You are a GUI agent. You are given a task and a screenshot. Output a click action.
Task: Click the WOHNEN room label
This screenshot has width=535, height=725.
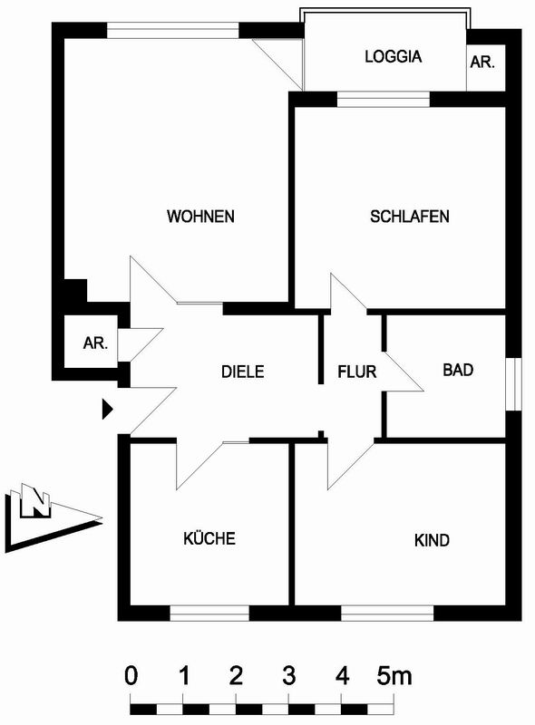coord(201,217)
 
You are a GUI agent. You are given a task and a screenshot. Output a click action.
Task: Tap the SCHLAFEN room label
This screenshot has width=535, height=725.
coord(410,217)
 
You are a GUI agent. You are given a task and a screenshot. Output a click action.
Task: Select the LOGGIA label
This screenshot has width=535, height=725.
coord(394,56)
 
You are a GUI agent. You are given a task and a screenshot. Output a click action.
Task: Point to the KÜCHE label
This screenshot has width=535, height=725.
coord(209,537)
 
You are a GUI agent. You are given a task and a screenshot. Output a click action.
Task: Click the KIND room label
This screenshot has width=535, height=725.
coord(432,540)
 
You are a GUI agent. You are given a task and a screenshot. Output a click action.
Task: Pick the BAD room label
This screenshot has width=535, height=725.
coord(458,370)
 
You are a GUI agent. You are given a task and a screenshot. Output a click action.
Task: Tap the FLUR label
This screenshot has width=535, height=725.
coord(357,372)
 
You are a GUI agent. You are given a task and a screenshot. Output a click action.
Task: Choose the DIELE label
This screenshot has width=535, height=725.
coord(242,372)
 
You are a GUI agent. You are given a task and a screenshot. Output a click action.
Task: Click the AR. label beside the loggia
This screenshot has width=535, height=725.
coord(482,62)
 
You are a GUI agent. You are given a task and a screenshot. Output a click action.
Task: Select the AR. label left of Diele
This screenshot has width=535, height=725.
coord(95,343)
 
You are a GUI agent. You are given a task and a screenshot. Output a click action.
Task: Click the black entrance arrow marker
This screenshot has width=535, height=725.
coord(107,410)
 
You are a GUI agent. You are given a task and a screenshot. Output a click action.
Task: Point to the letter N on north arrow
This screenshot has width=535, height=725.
coord(35,503)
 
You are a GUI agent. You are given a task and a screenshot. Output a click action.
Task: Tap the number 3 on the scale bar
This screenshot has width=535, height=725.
coord(288,676)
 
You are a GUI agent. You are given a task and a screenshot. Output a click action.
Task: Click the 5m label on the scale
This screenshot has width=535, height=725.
coord(394,676)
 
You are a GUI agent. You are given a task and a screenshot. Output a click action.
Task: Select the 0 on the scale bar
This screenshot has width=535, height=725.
coord(131,676)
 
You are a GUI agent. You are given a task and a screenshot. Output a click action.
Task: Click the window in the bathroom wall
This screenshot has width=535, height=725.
coord(513,383)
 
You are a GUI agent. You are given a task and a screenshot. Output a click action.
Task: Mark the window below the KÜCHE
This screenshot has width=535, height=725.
coord(209,613)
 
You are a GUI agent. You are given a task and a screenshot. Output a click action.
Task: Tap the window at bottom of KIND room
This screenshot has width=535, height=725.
coord(387,613)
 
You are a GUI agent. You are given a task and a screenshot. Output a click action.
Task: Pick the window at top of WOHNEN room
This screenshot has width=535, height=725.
coord(173,31)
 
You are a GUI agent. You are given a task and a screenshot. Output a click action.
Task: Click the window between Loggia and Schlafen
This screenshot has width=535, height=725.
coord(384,100)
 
